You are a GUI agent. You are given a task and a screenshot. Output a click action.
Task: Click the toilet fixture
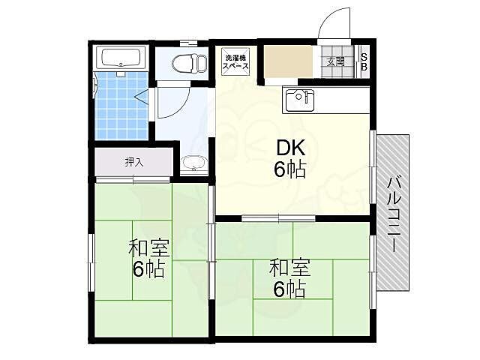coord(188,64)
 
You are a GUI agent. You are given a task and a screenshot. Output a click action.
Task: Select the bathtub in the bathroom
coord(121,58)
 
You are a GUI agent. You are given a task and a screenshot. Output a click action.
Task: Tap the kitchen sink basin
coord(299,100)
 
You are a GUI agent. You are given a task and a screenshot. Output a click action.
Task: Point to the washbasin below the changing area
coord(193,163)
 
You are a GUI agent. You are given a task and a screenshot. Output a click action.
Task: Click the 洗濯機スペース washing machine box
coord(235,61)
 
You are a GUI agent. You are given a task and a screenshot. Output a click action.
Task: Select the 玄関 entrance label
coord(336,61)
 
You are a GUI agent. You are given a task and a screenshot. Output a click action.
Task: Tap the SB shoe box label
coord(364,61)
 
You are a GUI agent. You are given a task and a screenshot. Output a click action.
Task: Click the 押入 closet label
coord(133,162)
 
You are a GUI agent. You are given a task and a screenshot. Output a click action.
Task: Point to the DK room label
coord(290,148)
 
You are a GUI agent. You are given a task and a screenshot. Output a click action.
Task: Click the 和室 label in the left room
coord(148,248)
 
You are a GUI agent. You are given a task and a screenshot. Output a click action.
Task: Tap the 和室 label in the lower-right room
coord(289,268)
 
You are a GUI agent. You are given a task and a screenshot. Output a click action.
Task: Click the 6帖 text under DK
coord(290,169)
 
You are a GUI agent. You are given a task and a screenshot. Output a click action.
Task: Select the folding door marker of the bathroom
coord(141,97)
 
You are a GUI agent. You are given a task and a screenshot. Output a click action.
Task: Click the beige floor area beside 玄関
coord(288,61)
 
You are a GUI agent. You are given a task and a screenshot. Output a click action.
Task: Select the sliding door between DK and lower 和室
coord(278,218)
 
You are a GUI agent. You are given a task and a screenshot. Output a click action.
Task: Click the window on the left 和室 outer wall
coord(91,262)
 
